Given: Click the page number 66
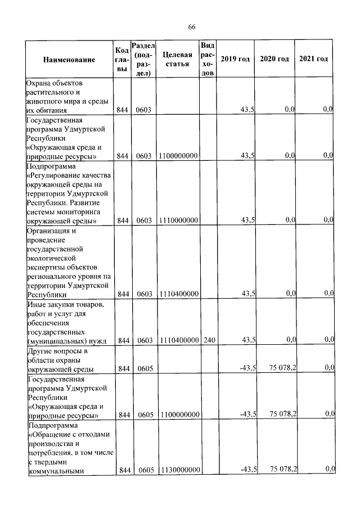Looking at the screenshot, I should point(192,27).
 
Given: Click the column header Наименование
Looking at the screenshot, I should point(69,60).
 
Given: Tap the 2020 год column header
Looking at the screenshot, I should point(274,59).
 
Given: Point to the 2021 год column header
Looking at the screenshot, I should point(313,59).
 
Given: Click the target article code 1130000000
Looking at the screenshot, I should point(178,469).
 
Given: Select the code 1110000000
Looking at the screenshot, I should point(178,220).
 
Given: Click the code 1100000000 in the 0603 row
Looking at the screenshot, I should point(178,156).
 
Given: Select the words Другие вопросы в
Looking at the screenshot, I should point(58,351).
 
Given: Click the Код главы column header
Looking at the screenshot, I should point(122,59).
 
